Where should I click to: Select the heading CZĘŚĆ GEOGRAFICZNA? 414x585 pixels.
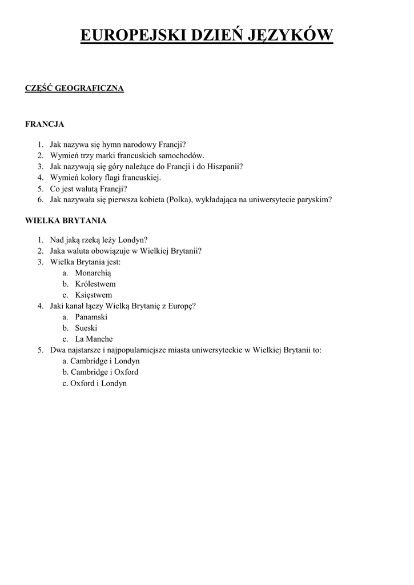(75, 88)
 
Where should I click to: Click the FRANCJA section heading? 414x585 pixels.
(45, 123)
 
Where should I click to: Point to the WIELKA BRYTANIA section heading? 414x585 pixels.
(66, 220)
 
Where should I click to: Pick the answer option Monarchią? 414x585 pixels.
(93, 273)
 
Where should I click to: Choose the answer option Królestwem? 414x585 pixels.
(95, 284)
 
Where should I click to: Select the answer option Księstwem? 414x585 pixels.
(94, 295)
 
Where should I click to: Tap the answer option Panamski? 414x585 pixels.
(91, 317)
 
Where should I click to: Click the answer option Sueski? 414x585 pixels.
(86, 328)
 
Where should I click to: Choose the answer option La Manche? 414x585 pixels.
(94, 339)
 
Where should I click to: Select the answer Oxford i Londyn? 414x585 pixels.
(98, 383)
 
